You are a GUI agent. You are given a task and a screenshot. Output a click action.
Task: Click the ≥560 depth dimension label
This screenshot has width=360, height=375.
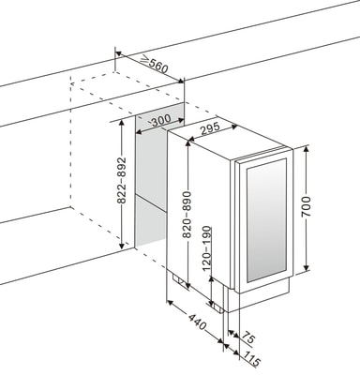(x=154, y=65)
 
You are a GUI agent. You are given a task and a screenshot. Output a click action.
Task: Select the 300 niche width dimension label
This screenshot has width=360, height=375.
(x=161, y=119)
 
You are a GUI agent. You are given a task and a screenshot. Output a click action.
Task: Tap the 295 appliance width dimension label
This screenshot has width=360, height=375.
(x=210, y=128)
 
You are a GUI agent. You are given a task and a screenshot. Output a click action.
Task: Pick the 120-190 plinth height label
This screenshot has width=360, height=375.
(x=206, y=248)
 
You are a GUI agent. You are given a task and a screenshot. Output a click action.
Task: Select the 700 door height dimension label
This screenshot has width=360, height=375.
(x=307, y=206)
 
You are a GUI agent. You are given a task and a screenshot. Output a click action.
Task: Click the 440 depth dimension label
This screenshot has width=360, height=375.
(x=198, y=322)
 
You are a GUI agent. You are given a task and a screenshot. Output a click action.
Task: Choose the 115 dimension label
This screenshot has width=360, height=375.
(x=252, y=358)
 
